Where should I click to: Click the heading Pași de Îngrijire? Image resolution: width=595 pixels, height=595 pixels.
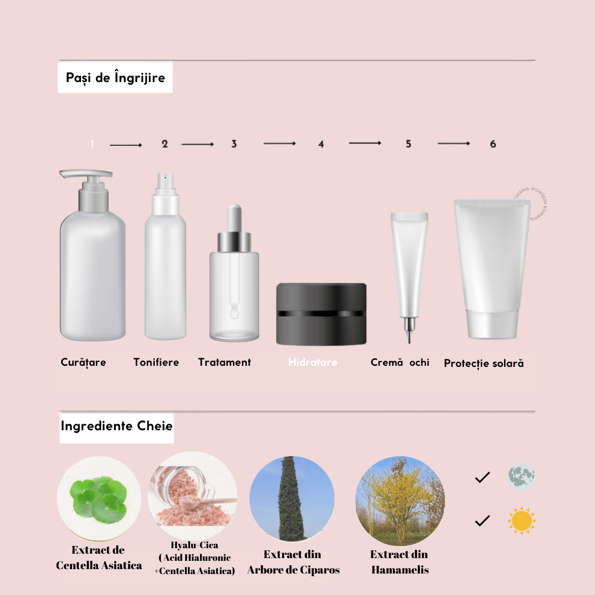tap(115, 78)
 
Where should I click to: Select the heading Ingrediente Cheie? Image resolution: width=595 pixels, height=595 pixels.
tap(116, 426)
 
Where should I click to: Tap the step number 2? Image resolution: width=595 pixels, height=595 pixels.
tap(165, 144)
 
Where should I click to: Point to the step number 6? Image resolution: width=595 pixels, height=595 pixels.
tap(493, 144)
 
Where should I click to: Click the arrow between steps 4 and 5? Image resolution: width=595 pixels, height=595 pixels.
tap(365, 143)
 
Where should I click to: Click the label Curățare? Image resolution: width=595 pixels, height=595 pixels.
tap(83, 363)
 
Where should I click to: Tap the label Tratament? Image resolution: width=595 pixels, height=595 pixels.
tap(224, 363)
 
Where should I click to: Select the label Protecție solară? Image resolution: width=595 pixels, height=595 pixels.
tap(484, 364)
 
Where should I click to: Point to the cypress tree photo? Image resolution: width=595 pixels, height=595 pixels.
tap(291, 499)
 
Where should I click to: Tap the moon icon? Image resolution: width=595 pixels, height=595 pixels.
tap(521, 477)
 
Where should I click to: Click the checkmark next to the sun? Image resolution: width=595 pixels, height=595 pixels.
tap(482, 521)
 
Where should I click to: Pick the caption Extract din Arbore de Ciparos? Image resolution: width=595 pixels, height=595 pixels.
tap(293, 562)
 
